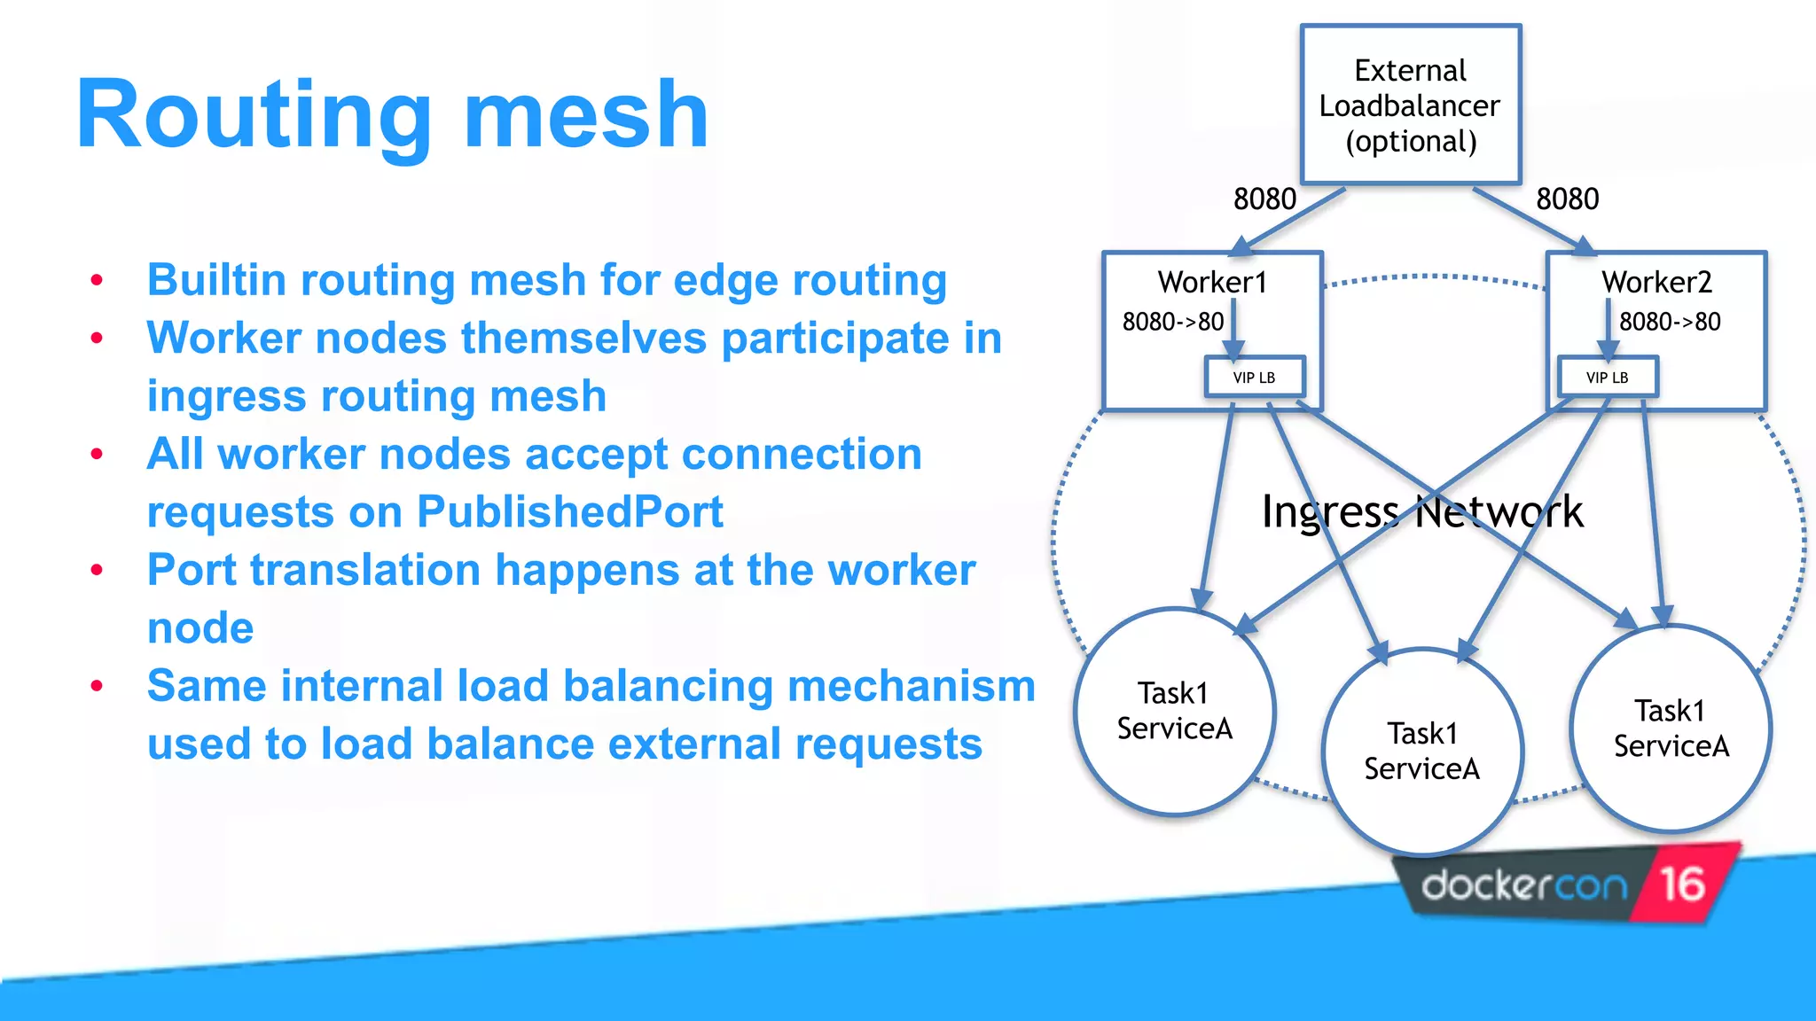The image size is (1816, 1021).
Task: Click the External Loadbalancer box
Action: pos(1410,105)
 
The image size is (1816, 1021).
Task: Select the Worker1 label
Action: pos(1212,282)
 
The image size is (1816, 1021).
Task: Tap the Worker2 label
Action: pos(1656,282)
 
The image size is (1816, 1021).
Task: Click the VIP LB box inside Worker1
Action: pos(1254,378)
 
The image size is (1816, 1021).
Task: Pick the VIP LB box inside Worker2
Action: pos(1607,378)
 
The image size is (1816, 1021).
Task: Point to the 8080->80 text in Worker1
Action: pos(1172,322)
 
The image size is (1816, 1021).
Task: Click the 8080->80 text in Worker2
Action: pos(1670,322)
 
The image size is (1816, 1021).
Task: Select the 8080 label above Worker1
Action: pos(1264,199)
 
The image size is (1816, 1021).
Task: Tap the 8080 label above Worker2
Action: pos(1567,199)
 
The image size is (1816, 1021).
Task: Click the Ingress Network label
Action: pos(1421,511)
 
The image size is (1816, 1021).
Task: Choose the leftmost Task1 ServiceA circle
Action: pos(1174,711)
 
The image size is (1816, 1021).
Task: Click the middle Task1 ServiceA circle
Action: pos(1421,752)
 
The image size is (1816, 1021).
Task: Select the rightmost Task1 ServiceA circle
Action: pos(1671,729)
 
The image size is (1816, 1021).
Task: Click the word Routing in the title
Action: pos(253,115)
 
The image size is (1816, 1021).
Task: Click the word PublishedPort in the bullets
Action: pos(569,512)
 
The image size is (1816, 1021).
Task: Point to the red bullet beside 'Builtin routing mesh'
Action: pos(97,281)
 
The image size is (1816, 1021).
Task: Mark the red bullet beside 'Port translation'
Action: pos(97,571)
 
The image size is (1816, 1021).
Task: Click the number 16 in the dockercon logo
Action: pos(1682,884)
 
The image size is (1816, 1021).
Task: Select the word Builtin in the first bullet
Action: pos(216,280)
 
